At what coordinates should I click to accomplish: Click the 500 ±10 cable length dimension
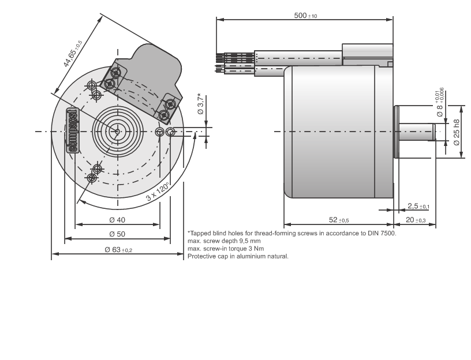point(305,15)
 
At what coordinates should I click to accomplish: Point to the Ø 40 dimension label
point(117,220)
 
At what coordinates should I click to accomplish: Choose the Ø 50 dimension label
point(117,234)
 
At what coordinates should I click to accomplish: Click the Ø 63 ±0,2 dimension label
point(118,250)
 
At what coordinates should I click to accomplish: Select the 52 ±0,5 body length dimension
point(339,220)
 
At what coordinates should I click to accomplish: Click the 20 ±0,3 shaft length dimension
point(416,220)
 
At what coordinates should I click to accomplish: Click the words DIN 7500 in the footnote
point(383,234)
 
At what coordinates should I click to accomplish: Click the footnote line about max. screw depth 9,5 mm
point(224,241)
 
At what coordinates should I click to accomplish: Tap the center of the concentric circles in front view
point(117,132)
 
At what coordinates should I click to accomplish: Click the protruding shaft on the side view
point(420,132)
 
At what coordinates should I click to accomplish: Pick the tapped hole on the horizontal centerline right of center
point(170,132)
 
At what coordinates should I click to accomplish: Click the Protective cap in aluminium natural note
point(238,256)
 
